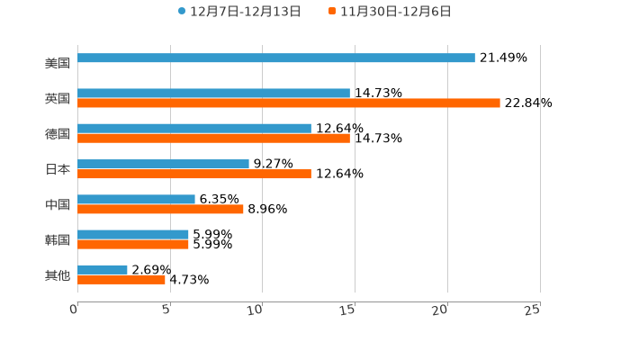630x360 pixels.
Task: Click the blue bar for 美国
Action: tap(276, 58)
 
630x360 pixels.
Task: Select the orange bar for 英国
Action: tap(289, 103)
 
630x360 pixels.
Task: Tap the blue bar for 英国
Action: tap(213, 94)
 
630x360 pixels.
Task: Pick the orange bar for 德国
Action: tap(213, 139)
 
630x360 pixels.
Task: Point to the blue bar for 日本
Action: tap(163, 165)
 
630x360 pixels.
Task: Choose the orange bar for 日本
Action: tap(194, 174)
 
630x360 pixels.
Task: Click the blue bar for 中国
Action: tap(136, 200)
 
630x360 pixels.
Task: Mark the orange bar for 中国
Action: tap(160, 209)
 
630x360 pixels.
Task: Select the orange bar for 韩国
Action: tap(133, 244)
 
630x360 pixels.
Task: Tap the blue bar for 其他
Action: tap(103, 270)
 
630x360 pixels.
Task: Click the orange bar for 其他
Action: tap(121, 280)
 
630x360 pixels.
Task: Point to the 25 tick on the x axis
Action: tap(533, 310)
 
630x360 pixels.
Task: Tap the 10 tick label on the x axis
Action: tap(256, 310)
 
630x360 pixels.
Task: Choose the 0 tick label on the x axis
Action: tap(74, 310)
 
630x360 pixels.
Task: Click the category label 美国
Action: tap(58, 64)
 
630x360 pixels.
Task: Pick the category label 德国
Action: tap(58, 134)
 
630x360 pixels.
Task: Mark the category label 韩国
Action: tap(58, 239)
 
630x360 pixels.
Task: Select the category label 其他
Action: tap(58, 275)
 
